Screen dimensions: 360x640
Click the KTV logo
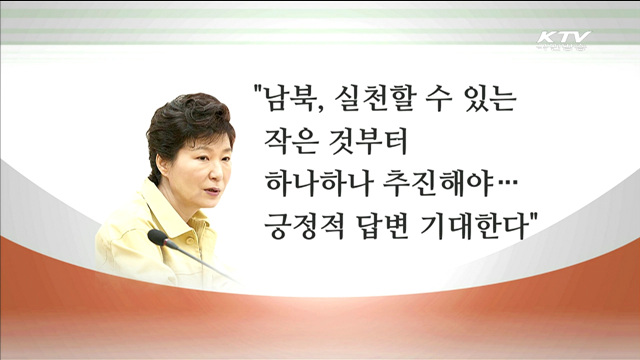563,41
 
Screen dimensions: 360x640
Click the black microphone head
157,238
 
